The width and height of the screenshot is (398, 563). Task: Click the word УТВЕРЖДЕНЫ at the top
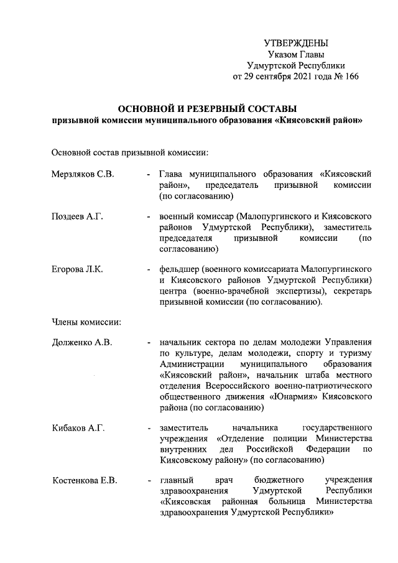tap(295, 43)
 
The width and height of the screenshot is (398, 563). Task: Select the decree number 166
tap(350, 77)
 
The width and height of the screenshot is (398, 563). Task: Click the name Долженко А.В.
tap(82, 342)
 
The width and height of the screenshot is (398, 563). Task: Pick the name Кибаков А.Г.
tap(78, 428)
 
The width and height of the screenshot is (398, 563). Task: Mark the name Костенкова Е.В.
tap(84, 480)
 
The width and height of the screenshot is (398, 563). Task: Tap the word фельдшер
tap(181, 269)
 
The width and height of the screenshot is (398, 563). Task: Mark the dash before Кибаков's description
tap(149, 429)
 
